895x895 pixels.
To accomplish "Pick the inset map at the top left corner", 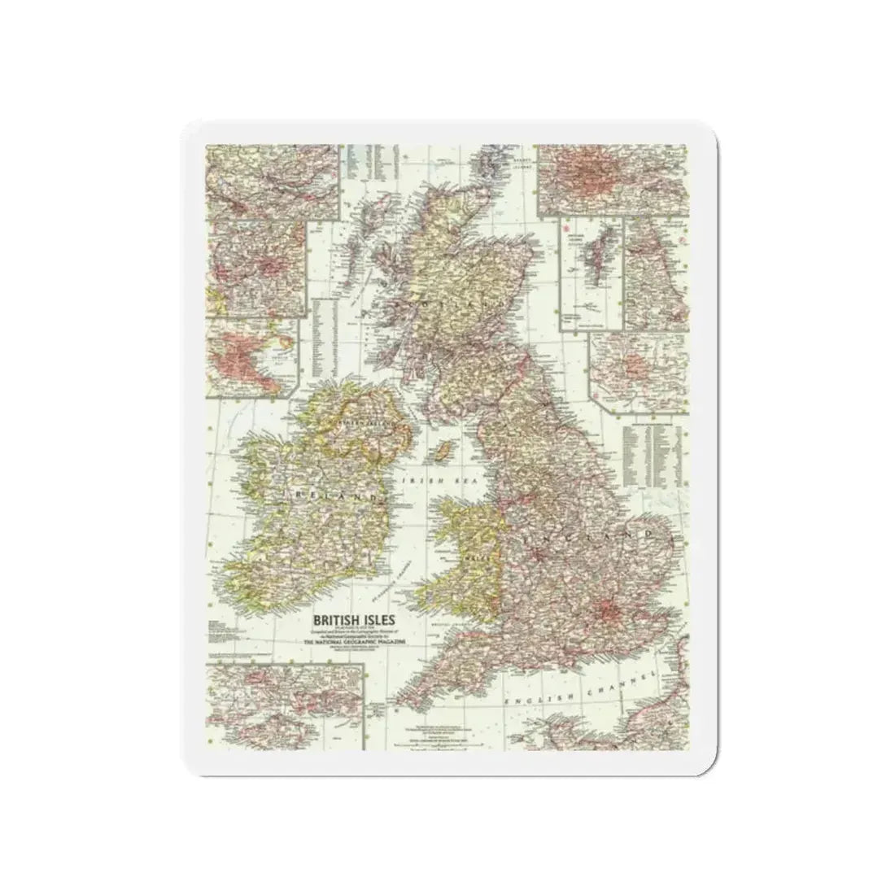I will pyautogui.click(x=271, y=181).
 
